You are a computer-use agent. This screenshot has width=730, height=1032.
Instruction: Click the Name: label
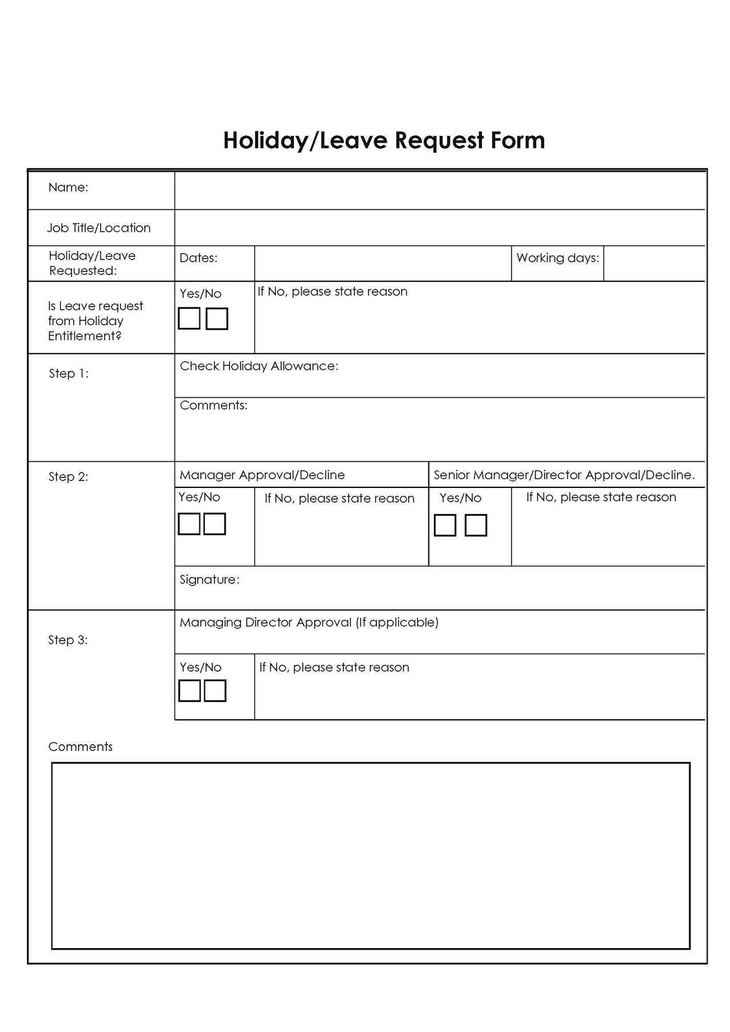68,187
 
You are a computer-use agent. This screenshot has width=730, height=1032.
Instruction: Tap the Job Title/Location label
99,228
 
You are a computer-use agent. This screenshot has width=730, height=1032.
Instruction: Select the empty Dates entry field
382,264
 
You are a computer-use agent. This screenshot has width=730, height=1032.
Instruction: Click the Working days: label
558,257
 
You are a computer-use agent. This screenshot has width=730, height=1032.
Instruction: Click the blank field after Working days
654,264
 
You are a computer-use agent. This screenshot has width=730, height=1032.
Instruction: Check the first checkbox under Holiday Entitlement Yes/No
189,318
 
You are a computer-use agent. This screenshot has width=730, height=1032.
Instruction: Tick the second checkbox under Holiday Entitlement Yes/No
216,318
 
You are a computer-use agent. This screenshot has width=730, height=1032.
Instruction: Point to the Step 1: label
68,373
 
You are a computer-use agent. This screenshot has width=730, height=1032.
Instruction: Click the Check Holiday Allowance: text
259,366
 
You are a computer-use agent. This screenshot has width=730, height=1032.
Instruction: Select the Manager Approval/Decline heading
262,475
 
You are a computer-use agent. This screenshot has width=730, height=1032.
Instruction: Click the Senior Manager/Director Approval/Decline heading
564,475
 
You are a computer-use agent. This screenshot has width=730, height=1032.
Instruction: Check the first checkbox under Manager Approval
189,524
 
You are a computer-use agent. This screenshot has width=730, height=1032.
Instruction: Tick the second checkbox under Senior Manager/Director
476,525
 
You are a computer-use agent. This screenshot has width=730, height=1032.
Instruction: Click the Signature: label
210,579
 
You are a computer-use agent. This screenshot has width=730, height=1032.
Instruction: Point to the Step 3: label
68,639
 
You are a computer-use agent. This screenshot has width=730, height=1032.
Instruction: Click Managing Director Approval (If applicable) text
309,622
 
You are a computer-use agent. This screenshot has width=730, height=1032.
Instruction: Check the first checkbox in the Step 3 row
189,691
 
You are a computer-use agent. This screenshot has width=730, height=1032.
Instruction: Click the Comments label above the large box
80,746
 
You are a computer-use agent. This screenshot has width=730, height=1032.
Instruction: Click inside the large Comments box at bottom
370,855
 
